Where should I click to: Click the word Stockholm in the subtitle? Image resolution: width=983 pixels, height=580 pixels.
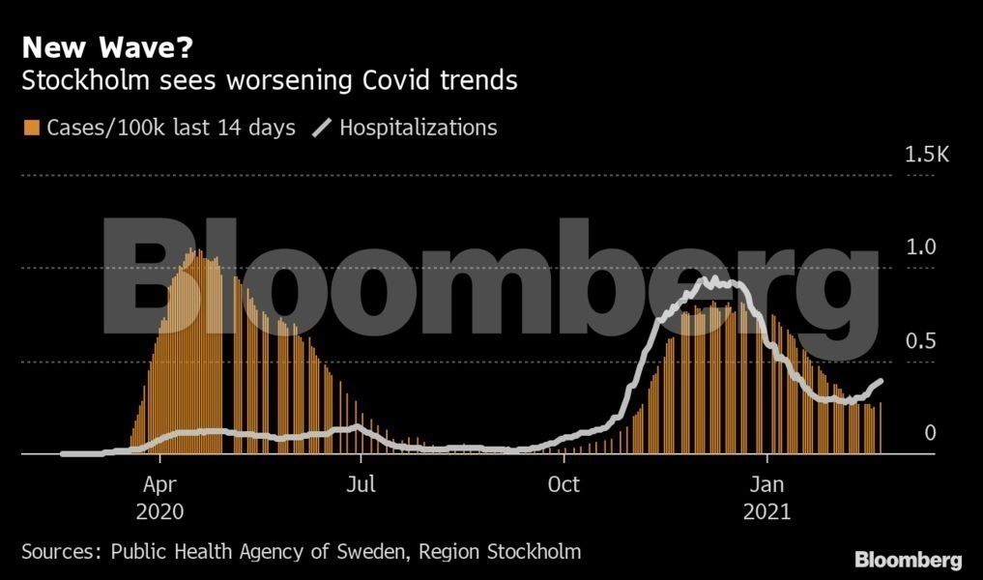(x=85, y=80)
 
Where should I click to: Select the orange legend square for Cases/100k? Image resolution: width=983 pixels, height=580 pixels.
(x=31, y=128)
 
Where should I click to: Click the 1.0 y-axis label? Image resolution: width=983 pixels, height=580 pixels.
(x=919, y=247)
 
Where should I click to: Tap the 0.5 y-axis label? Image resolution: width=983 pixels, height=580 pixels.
(x=919, y=341)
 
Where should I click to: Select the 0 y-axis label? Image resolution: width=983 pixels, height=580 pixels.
(x=930, y=433)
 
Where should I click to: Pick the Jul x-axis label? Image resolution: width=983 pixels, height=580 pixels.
(x=361, y=483)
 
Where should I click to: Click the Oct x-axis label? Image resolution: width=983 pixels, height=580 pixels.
(x=564, y=483)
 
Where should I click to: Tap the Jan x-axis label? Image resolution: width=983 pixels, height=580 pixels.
(x=766, y=483)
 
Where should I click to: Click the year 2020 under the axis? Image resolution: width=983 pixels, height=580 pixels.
(x=159, y=511)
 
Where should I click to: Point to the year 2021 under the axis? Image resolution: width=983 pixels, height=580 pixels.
(x=766, y=511)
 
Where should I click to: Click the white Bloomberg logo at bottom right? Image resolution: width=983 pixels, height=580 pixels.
(x=908, y=560)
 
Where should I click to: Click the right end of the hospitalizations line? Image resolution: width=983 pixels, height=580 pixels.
(x=881, y=381)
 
